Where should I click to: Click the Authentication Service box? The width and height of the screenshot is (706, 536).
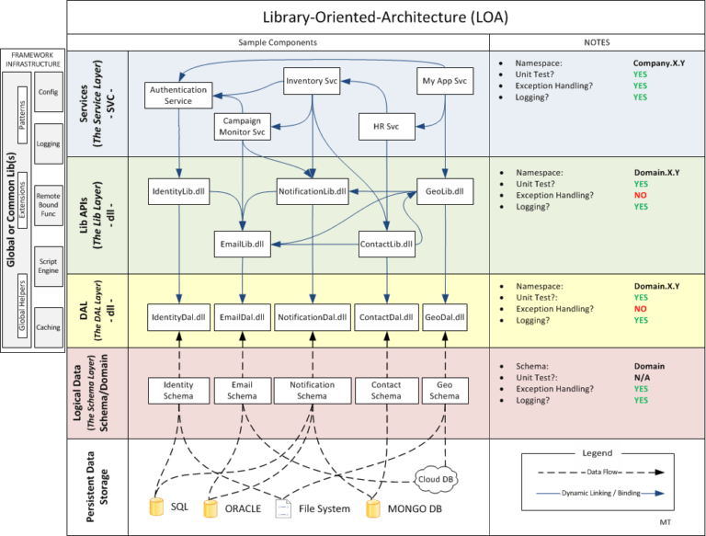click(x=178, y=95)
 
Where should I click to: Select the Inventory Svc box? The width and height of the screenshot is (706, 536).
click(x=312, y=81)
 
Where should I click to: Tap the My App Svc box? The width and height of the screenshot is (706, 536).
click(x=444, y=81)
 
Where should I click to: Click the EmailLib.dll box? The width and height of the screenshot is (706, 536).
click(x=241, y=245)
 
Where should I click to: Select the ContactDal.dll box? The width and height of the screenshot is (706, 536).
click(x=385, y=317)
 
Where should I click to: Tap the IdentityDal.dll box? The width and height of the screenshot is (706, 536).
click(x=178, y=317)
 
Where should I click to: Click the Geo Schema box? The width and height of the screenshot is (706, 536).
click(x=444, y=390)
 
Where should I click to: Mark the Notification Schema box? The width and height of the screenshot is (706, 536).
click(x=312, y=390)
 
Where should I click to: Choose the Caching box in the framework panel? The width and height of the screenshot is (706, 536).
click(x=48, y=327)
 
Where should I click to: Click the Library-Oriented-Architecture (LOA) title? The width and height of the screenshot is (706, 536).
click(x=384, y=17)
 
